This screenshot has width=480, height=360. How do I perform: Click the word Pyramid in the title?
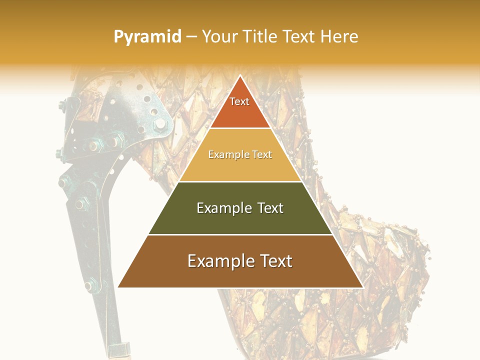(x=147, y=37)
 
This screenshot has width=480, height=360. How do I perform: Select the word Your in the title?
(x=219, y=37)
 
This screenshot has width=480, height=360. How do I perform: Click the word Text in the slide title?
(x=300, y=37)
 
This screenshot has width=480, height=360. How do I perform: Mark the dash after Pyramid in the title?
(x=191, y=37)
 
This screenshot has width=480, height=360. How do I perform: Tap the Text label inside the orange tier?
(x=239, y=101)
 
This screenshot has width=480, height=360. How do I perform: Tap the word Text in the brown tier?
(x=276, y=261)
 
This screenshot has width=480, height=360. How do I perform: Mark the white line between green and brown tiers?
(x=240, y=234)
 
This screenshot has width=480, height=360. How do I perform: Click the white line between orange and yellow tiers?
(x=240, y=128)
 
